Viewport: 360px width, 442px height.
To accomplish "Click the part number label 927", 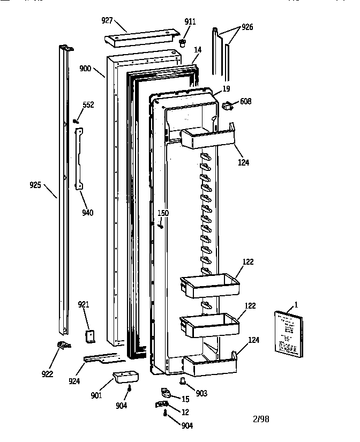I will tap(108, 20).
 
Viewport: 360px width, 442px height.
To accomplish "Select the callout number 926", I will tap(247, 27).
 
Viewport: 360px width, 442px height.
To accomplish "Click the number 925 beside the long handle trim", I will tap(35, 186).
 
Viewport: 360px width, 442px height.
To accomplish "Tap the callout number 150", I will tap(163, 213).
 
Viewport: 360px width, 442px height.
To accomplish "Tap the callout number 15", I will tap(185, 399).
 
